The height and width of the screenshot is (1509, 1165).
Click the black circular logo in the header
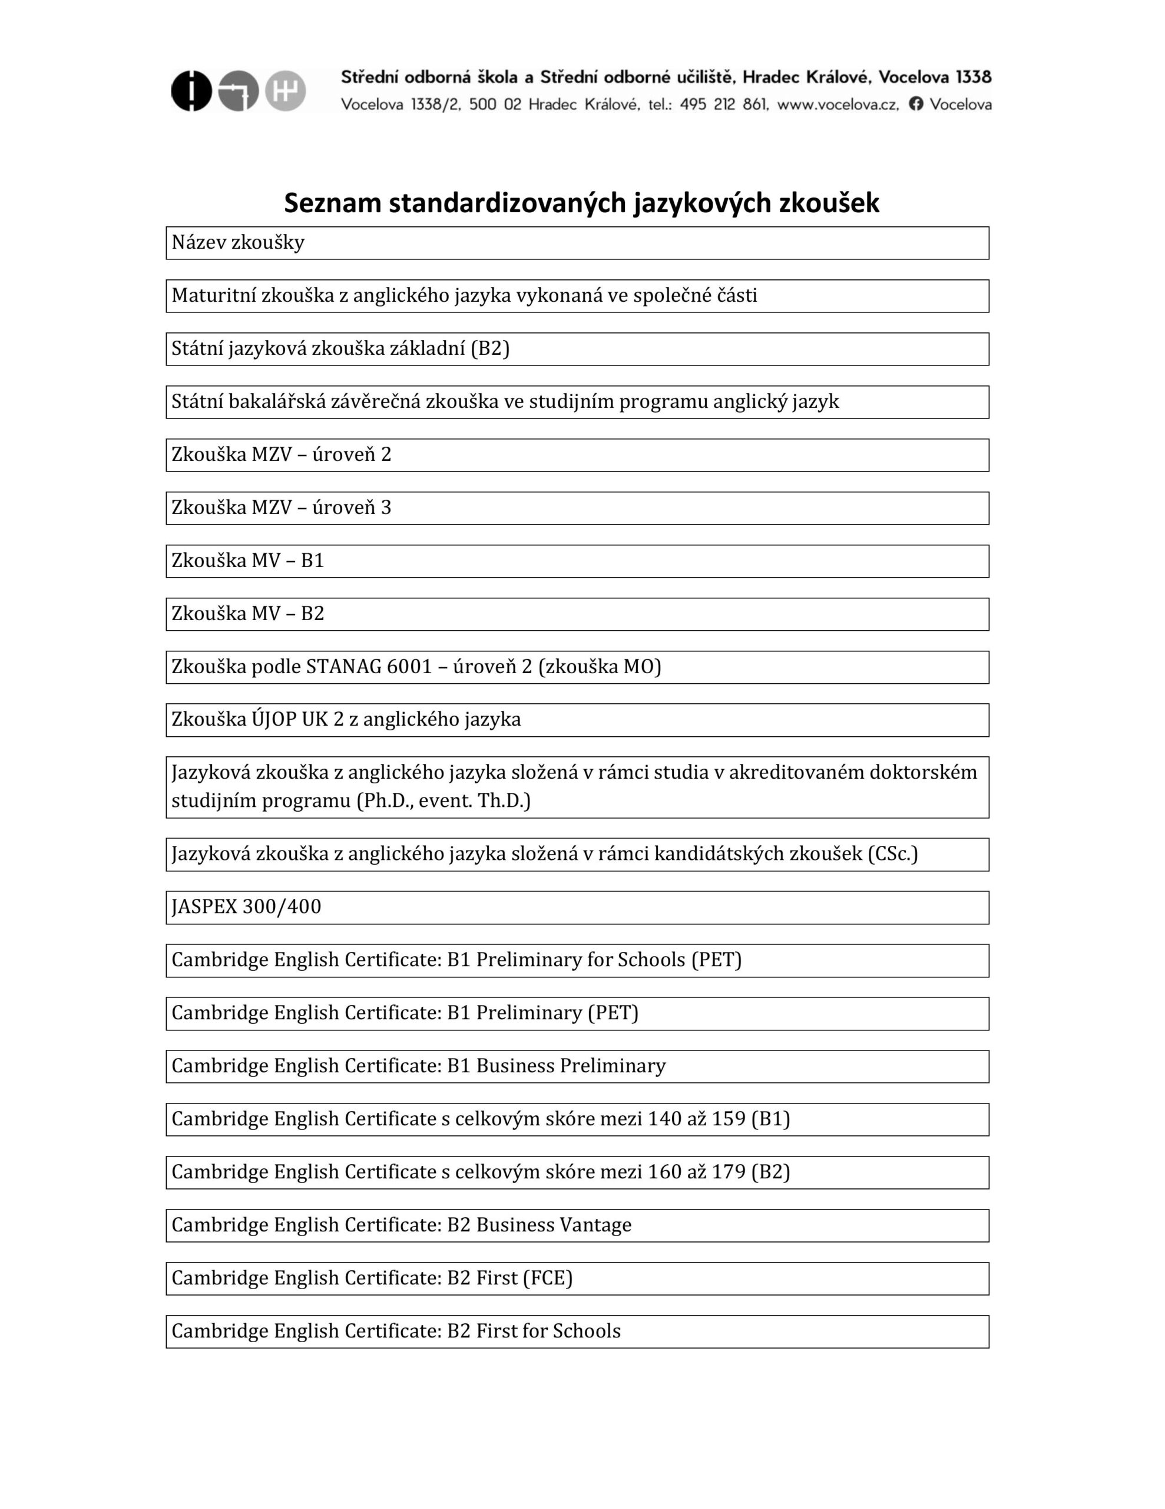(191, 91)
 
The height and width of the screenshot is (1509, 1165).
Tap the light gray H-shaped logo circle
(285, 91)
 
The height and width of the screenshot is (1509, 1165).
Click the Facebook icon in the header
(916, 104)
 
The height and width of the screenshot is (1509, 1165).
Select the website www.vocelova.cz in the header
(838, 104)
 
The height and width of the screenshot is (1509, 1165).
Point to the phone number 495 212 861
(724, 104)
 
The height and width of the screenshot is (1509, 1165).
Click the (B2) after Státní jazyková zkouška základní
(489, 348)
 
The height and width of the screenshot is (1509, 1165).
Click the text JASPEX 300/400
(247, 907)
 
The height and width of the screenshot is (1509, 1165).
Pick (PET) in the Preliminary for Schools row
(716, 960)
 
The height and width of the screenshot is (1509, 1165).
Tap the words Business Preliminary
(571, 1066)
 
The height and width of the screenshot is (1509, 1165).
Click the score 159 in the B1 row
(729, 1119)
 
